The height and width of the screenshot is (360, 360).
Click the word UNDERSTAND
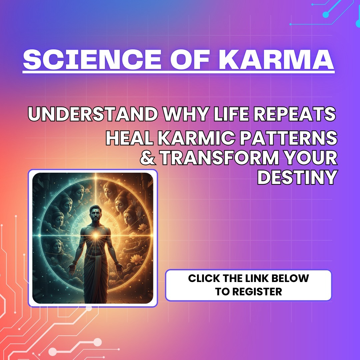[x=93, y=114]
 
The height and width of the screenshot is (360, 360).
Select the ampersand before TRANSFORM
[x=148, y=157]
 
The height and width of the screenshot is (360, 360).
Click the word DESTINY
[x=298, y=177]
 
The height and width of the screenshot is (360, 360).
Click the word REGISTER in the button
[x=257, y=292]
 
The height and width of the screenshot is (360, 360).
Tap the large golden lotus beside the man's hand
[x=135, y=259]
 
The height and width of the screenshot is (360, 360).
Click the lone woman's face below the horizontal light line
[x=57, y=247]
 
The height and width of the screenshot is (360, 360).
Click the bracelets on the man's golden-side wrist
[x=117, y=263]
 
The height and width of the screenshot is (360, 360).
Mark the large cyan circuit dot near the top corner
[x=326, y=15]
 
